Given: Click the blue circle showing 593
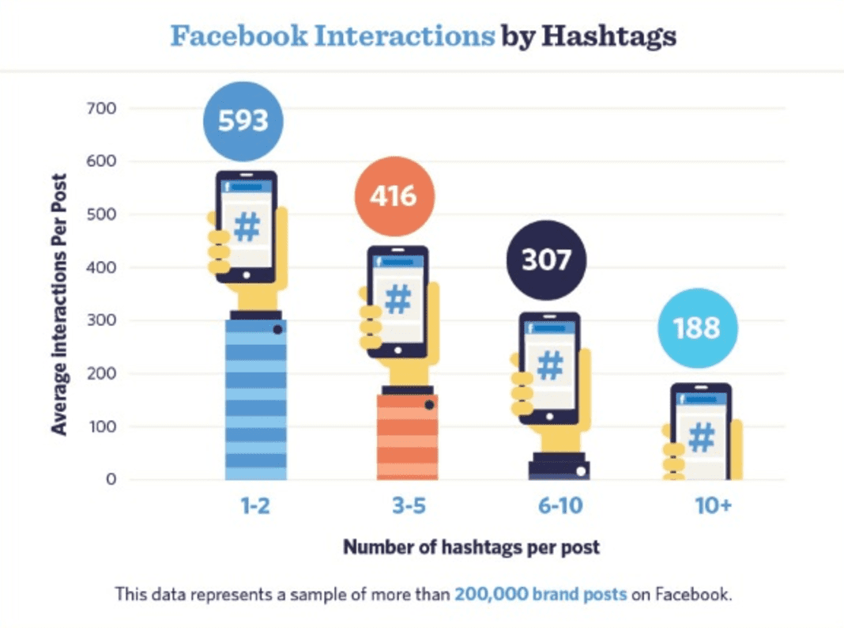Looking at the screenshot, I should point(243,121).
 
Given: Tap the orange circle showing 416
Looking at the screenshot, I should point(394,195).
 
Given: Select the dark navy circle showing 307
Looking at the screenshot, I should point(546,260).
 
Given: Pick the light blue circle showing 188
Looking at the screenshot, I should point(698,327).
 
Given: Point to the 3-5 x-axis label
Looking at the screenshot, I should point(408,506).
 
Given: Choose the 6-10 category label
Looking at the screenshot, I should point(560,506).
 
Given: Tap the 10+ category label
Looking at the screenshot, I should point(714,506).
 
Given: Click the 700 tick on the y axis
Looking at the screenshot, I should point(100,108).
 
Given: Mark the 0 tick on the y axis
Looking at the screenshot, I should point(112,479).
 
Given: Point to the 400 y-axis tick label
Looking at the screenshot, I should point(100,267).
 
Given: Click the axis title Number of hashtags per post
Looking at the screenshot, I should point(471,547).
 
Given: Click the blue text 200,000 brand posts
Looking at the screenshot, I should point(541,594).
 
